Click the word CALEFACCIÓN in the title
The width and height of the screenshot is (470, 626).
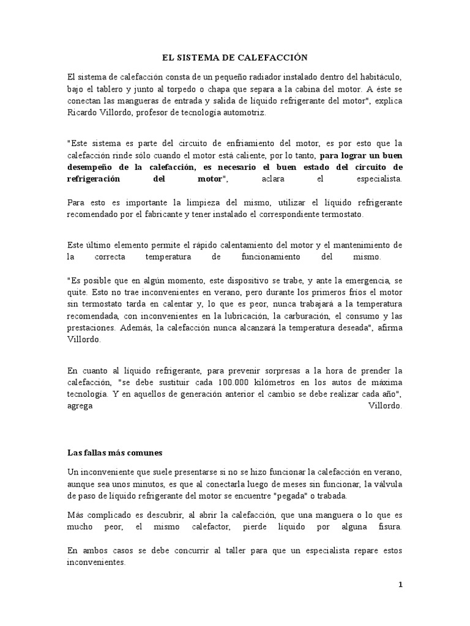(272, 57)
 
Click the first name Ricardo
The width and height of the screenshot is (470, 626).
(83, 113)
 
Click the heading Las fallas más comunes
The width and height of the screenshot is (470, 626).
(114, 453)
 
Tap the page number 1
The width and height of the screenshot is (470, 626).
(400, 584)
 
